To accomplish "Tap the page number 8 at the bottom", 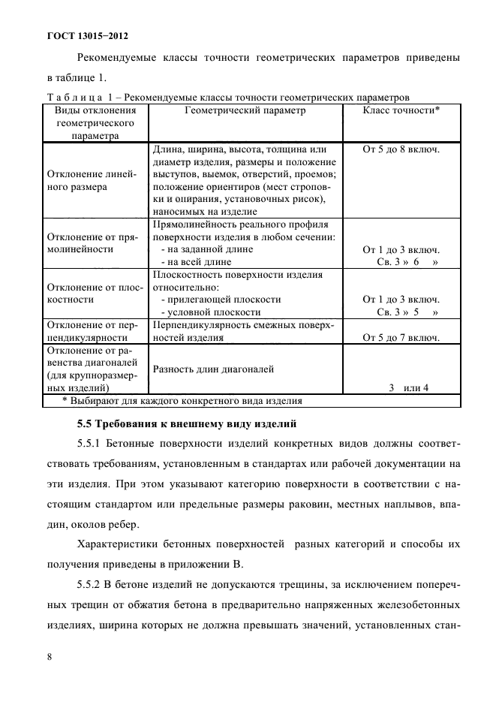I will pos(49,657).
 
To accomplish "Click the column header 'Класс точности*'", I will pos(401,110).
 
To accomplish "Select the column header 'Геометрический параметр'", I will pos(245,110).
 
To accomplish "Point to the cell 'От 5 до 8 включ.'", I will pos(401,149).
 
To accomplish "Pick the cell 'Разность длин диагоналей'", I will pos(212,369).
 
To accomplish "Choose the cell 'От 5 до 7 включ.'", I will pos(401,338).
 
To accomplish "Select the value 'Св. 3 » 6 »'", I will pos(407,262).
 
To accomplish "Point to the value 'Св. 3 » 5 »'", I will pos(407,312).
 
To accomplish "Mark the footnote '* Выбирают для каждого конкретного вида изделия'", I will pos(182,401).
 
